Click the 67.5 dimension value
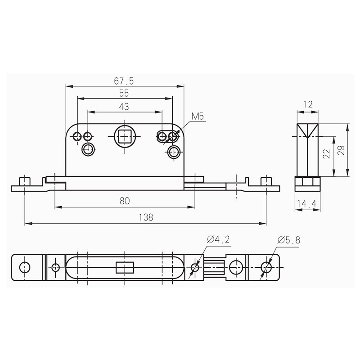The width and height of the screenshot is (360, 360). point(124,81)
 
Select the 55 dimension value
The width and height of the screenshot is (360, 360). point(124,93)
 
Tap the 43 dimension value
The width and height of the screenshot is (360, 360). point(124,107)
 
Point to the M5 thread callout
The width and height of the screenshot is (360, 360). point(198,117)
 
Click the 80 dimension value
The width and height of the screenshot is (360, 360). point(125,202)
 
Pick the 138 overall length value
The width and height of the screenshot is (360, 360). point(145,217)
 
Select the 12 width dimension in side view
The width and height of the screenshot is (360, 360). point(308,105)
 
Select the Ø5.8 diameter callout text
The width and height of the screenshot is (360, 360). point(288,240)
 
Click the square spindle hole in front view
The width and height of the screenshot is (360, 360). point(125,135)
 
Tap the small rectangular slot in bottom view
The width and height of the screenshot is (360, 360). point(125,268)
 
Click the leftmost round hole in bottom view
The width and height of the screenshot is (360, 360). point(25,268)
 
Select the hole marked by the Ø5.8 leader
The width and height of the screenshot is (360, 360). point(266,268)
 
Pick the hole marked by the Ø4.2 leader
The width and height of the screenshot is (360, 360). point(194,268)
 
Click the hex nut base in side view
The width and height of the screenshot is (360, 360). point(308,182)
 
